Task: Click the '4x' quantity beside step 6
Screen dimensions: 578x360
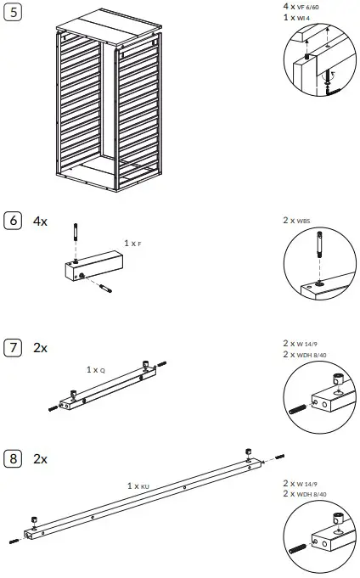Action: pos(40,221)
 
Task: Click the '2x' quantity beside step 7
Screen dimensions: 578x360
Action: pos(40,347)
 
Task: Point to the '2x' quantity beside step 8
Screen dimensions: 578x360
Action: pos(40,458)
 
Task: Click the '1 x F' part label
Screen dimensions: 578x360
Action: pos(132,243)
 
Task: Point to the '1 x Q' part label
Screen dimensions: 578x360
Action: pos(96,370)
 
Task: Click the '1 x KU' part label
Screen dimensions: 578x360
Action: pos(138,485)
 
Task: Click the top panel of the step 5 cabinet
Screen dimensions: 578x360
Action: pos(97,24)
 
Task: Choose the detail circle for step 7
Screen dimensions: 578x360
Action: pos(319,396)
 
